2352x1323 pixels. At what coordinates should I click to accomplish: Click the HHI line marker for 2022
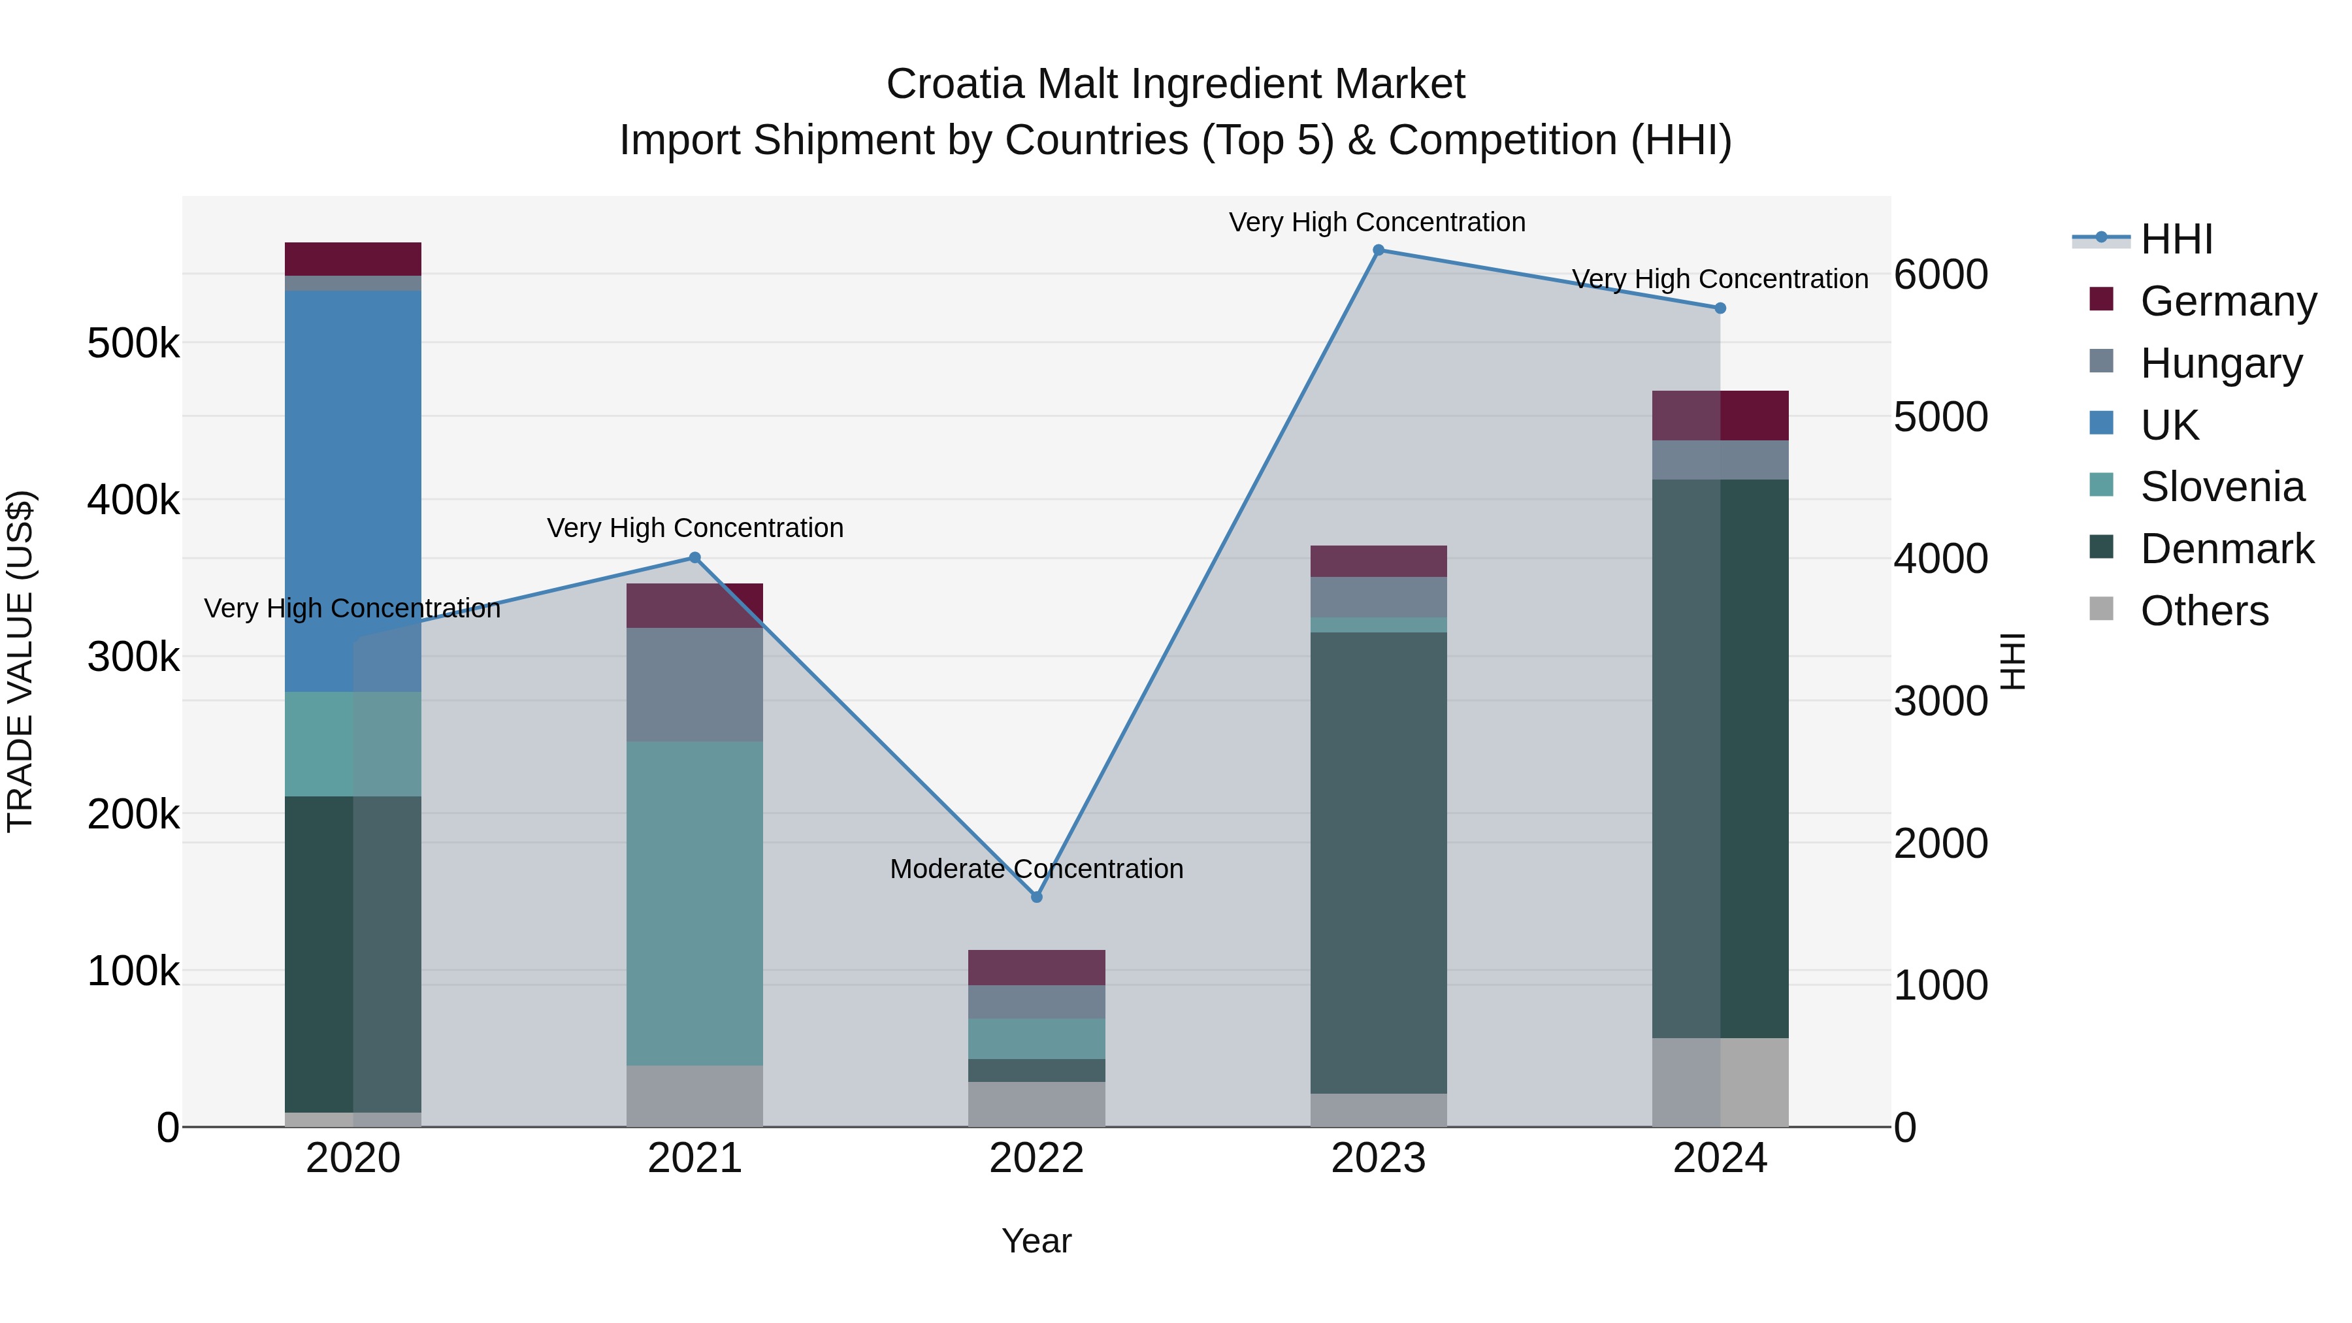(1036, 896)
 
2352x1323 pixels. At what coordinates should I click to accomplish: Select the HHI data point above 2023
(1379, 250)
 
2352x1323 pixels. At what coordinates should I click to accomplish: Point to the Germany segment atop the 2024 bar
(1720, 416)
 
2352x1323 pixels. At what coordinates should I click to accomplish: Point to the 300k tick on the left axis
(133, 657)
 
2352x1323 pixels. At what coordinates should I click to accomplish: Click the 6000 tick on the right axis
(1940, 275)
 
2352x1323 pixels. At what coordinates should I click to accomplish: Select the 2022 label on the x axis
(1036, 1158)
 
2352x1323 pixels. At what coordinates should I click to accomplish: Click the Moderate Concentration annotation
(1036, 868)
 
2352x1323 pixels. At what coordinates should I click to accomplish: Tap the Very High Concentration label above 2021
(695, 528)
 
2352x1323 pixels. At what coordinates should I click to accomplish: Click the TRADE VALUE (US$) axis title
(20, 661)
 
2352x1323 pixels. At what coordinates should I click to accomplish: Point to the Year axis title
(1036, 1241)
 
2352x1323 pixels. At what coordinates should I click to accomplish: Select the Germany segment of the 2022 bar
(1036, 967)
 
